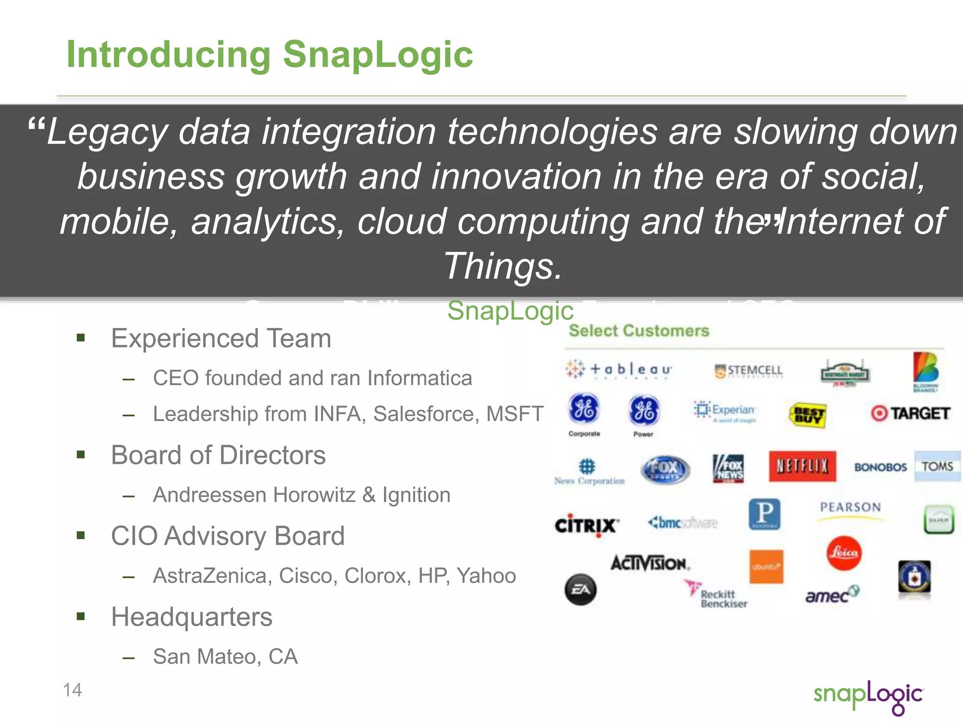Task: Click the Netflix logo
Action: click(x=802, y=466)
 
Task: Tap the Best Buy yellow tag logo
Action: click(x=807, y=415)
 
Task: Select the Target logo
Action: click(x=910, y=413)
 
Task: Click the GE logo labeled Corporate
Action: click(x=584, y=408)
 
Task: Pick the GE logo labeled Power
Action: click(x=644, y=410)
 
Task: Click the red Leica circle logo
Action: click(x=844, y=553)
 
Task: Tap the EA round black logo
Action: click(x=580, y=589)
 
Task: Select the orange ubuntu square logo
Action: click(x=766, y=566)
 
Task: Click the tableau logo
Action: click(x=619, y=369)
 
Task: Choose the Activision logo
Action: click(x=650, y=563)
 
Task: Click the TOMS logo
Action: click(x=937, y=466)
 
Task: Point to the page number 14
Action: click(x=72, y=690)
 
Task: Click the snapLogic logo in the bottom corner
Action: click(x=868, y=696)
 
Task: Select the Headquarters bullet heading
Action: click(x=191, y=617)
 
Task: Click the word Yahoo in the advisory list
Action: click(x=486, y=575)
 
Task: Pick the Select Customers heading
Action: click(x=639, y=330)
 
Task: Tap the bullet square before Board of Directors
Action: click(x=81, y=455)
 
